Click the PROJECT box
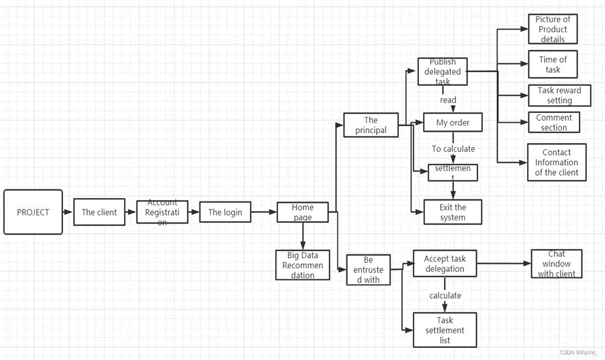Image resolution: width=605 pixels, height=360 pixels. (x=33, y=212)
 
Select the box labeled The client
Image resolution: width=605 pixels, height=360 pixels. (x=99, y=212)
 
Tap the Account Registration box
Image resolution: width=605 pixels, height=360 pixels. (x=162, y=212)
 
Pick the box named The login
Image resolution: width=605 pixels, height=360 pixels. (x=225, y=212)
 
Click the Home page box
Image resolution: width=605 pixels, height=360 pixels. (x=303, y=212)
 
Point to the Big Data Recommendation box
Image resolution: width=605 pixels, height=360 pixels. (x=303, y=265)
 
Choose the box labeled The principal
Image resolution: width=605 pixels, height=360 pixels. (x=371, y=125)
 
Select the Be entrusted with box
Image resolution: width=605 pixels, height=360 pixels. (x=368, y=269)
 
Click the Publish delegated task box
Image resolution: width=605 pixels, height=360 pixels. (x=442, y=71)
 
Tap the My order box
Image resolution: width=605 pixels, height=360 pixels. (x=453, y=123)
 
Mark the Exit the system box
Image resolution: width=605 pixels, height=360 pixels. (x=453, y=212)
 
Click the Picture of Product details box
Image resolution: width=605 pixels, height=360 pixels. (x=553, y=29)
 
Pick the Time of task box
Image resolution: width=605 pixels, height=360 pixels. (x=553, y=64)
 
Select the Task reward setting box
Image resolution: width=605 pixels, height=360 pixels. (x=559, y=95)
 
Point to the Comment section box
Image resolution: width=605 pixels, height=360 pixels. (x=554, y=122)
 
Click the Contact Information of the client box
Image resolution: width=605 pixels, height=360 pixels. (x=556, y=163)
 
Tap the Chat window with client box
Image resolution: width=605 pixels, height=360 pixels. (x=556, y=264)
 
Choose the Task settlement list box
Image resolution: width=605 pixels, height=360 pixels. (x=444, y=330)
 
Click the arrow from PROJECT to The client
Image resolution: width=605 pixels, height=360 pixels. (x=68, y=212)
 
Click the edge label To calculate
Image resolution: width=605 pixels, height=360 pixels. (x=453, y=149)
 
